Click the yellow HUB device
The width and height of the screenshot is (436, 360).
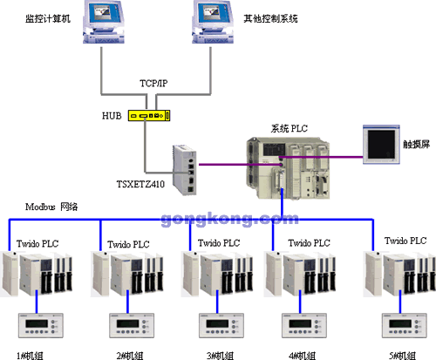click(149, 115)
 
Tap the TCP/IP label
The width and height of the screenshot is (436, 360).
click(153, 84)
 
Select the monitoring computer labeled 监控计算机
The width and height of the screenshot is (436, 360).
click(104, 22)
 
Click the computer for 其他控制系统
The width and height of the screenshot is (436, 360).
click(213, 22)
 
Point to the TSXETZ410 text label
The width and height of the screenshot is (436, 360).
click(140, 184)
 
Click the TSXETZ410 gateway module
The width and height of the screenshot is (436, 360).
click(185, 170)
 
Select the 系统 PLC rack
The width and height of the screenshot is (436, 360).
click(289, 168)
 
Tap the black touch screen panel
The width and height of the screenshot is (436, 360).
click(381, 145)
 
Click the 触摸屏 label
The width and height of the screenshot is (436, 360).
click(416, 144)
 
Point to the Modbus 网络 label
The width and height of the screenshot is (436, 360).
click(51, 207)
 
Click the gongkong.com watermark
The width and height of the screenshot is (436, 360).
click(229, 219)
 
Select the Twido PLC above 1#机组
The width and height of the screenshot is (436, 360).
click(37, 274)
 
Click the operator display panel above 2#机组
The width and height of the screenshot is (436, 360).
click(132, 325)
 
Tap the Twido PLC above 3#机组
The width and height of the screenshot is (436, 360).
click(217, 274)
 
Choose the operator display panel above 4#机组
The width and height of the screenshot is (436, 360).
click(304, 325)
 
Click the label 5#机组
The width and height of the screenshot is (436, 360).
click(402, 356)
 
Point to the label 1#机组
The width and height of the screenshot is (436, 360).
click(30, 356)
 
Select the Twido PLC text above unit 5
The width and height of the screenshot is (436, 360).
click(405, 241)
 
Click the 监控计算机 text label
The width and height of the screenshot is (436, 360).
click(48, 18)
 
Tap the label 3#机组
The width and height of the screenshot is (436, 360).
click(220, 356)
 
